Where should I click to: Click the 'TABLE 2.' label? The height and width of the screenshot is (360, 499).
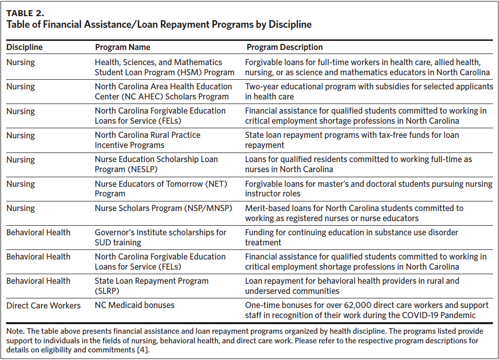pyautogui.click(x=25, y=13)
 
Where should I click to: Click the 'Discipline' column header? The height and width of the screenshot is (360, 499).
pyautogui.click(x=25, y=47)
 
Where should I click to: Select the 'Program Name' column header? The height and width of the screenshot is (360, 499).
pyautogui.click(x=123, y=47)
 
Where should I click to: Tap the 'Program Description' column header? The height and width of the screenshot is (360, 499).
pyautogui.click(x=285, y=47)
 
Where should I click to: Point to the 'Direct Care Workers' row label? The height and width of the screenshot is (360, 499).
pyautogui.click(x=43, y=305)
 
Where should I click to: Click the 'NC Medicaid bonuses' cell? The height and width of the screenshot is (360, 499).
pyautogui.click(x=135, y=305)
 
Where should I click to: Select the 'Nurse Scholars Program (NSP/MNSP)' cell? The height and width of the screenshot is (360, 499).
pyautogui.click(x=163, y=209)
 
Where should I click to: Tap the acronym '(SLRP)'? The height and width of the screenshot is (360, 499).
pyautogui.click(x=107, y=291)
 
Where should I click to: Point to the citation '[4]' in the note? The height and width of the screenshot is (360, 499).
pyautogui.click(x=142, y=350)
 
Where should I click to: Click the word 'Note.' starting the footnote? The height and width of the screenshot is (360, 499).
pyautogui.click(x=15, y=331)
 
